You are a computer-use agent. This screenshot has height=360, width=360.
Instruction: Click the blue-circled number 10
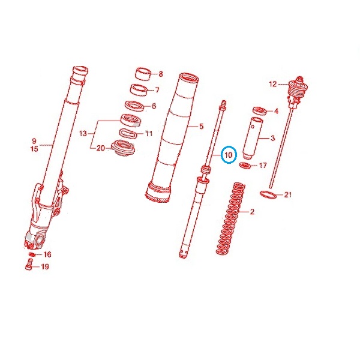point(229,155)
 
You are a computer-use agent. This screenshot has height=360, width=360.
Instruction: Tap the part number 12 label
point(273,84)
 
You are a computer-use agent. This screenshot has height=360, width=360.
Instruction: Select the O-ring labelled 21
point(268,194)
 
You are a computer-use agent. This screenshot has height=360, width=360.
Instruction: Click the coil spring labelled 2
point(230,218)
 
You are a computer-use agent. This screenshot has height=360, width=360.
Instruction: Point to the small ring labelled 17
point(245,165)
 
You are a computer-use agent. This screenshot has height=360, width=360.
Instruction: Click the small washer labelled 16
point(32,254)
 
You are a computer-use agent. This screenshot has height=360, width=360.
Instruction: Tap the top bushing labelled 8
point(143,74)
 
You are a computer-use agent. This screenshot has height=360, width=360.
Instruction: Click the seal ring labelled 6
point(134,106)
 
